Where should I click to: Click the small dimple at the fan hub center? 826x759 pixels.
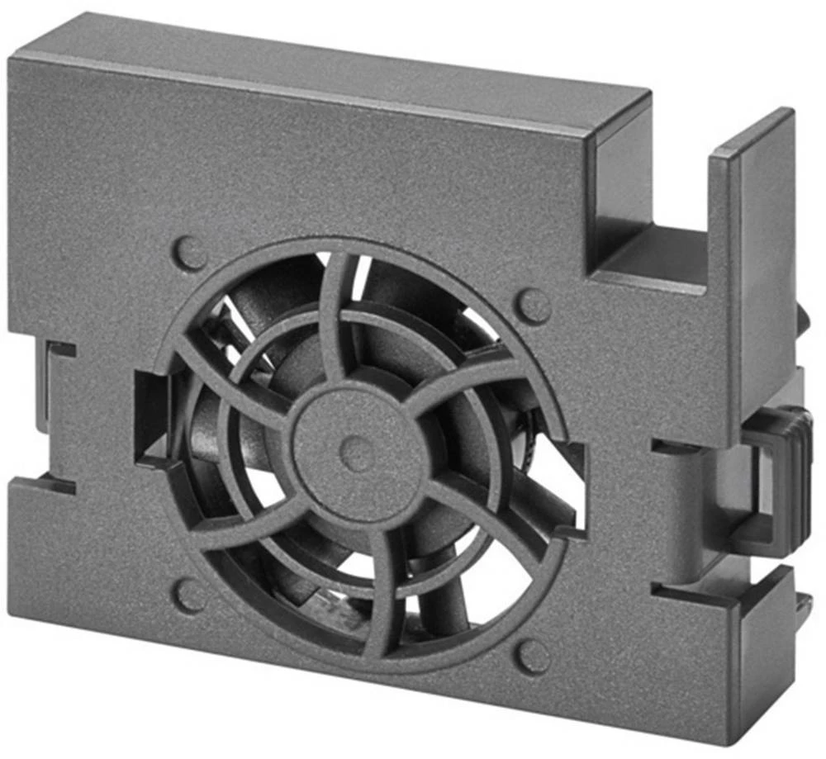[357, 453]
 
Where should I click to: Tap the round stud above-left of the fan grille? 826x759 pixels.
[191, 254]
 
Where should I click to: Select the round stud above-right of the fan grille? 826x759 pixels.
[534, 306]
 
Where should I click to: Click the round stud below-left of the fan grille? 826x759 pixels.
[191, 594]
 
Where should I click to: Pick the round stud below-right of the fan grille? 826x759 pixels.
[533, 656]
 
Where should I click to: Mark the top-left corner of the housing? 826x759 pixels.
[12, 59]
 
